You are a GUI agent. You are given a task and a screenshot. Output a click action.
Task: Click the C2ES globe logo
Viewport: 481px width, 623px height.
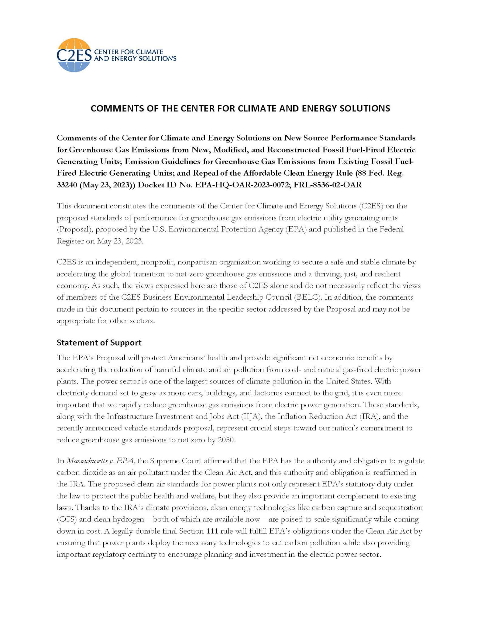(74, 55)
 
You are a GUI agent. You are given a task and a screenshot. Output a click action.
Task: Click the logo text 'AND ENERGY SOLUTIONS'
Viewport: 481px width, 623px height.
(135, 58)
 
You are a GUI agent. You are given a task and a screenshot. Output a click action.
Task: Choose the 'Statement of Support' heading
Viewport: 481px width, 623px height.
(99, 343)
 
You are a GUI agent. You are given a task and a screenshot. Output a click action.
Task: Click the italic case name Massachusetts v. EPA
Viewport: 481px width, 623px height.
(100, 461)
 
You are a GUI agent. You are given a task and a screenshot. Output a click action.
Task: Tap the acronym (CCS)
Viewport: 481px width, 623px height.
(66, 519)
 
